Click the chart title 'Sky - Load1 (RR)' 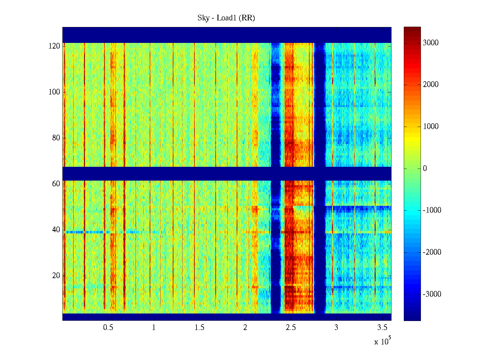[x=226, y=18]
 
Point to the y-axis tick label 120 [x=54, y=46]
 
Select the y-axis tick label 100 [x=54, y=92]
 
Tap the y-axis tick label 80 [x=56, y=138]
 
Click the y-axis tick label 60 [x=56, y=184]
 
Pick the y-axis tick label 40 [x=56, y=230]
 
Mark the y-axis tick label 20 [x=56, y=276]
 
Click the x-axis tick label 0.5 [x=108, y=328]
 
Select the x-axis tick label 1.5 [x=199, y=328]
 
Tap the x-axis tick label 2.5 [x=291, y=328]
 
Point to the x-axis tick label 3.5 [x=382, y=328]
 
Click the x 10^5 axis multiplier [x=382, y=341]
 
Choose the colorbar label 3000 [x=431, y=43]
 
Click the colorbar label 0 [x=425, y=169]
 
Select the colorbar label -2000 [x=432, y=252]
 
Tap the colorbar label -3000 [x=432, y=294]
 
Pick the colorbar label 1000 [x=431, y=127]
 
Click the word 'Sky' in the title [x=203, y=18]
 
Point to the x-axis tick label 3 [x=336, y=328]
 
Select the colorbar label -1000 [x=432, y=210]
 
